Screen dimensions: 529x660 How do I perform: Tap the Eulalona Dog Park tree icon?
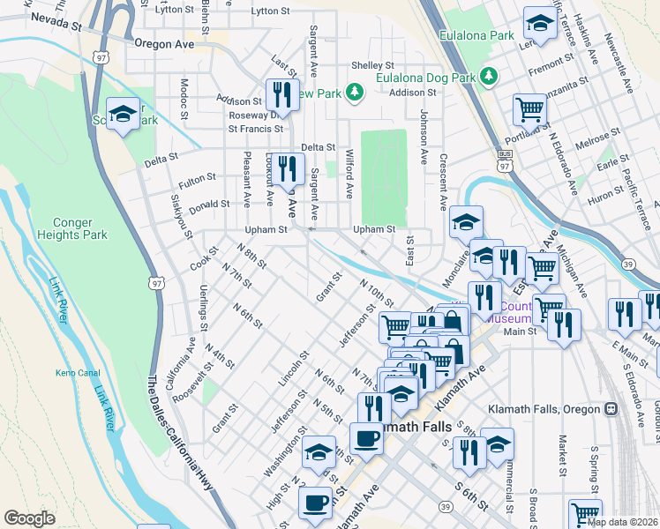tap(487, 78)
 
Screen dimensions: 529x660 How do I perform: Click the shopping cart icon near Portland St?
tap(529, 110)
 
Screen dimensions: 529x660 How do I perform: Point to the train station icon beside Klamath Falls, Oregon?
tap(610, 409)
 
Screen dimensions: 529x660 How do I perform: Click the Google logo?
tap(29, 518)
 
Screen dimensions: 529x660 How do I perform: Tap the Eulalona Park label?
tap(477, 36)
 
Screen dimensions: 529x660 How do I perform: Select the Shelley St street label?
tap(372, 65)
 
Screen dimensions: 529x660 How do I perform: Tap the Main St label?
tap(520, 332)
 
